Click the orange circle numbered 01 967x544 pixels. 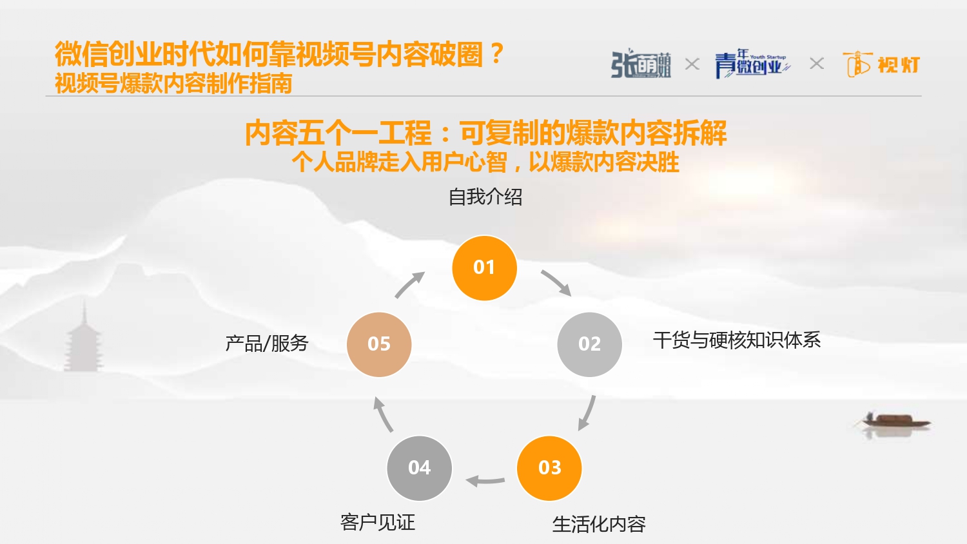point(484,267)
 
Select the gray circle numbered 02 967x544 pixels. point(590,344)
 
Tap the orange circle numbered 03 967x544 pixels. point(549,468)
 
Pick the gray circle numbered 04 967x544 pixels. point(419,468)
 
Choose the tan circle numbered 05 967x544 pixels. point(379,344)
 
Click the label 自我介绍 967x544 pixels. point(485,197)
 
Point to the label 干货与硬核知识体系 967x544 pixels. point(736,340)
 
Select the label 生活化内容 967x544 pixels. point(599,524)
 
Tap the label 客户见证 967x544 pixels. point(378,523)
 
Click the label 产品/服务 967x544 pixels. point(267,344)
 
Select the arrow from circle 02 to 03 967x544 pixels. point(588,413)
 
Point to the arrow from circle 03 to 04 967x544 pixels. point(485,481)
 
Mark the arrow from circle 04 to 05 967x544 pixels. point(382,414)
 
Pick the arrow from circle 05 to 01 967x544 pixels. point(409,284)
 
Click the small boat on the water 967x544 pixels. point(895,420)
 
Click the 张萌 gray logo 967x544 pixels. point(641,64)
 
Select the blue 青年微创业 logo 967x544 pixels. point(752,64)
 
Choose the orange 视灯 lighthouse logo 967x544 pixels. point(881,64)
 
